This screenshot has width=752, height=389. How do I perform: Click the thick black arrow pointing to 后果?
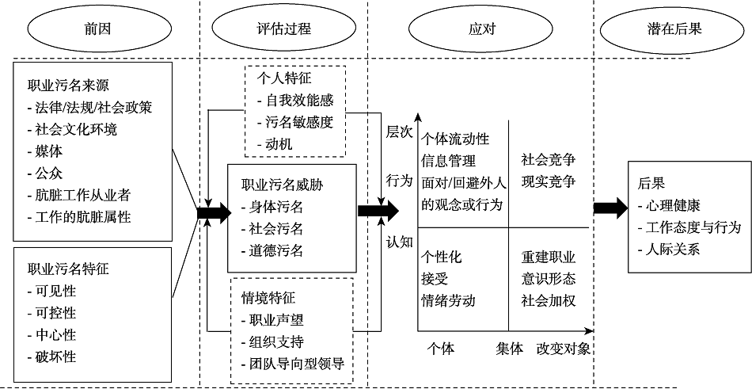coord(610,208)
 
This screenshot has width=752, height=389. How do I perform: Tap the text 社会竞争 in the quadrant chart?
coord(548,159)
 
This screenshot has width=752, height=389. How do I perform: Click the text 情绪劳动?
coord(448,301)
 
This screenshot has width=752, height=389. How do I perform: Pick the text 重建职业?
coord(548,257)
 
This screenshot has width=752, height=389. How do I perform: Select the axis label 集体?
coord(510,349)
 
